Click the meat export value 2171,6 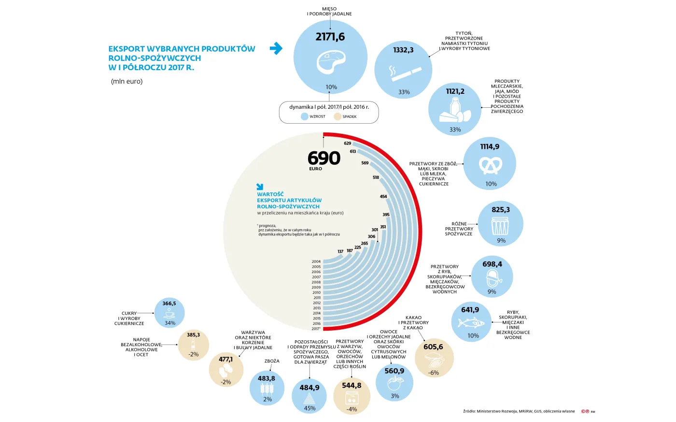[330, 37]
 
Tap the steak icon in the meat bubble [331, 62]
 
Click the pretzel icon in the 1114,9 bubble [490, 165]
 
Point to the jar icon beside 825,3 [501, 226]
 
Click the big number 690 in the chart [324, 158]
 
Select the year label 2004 [316, 262]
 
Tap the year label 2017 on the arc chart [316, 329]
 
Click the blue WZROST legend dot [304, 116]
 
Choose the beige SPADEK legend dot [338, 116]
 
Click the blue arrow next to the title [276, 48]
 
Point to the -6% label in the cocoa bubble [434, 373]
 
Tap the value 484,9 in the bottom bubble [310, 388]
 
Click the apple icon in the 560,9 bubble [394, 384]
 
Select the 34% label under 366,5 [170, 323]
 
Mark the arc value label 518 [376, 177]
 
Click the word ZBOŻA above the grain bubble [272, 361]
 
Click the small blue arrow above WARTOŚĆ [260, 187]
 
